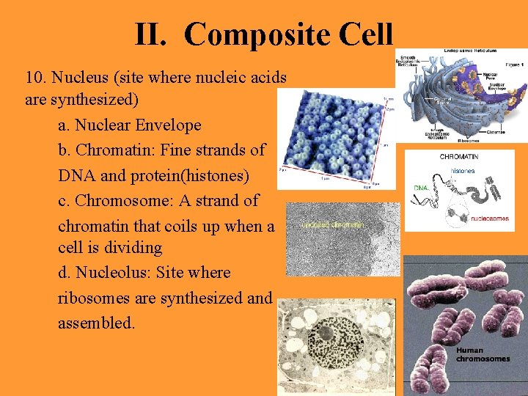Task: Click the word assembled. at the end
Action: click(96, 323)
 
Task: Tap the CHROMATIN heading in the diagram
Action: click(459, 157)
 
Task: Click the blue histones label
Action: click(462, 171)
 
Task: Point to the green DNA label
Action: click(421, 188)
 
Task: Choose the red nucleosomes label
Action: click(490, 218)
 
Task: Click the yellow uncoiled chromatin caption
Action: click(333, 225)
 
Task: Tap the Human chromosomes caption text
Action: click(482, 354)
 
